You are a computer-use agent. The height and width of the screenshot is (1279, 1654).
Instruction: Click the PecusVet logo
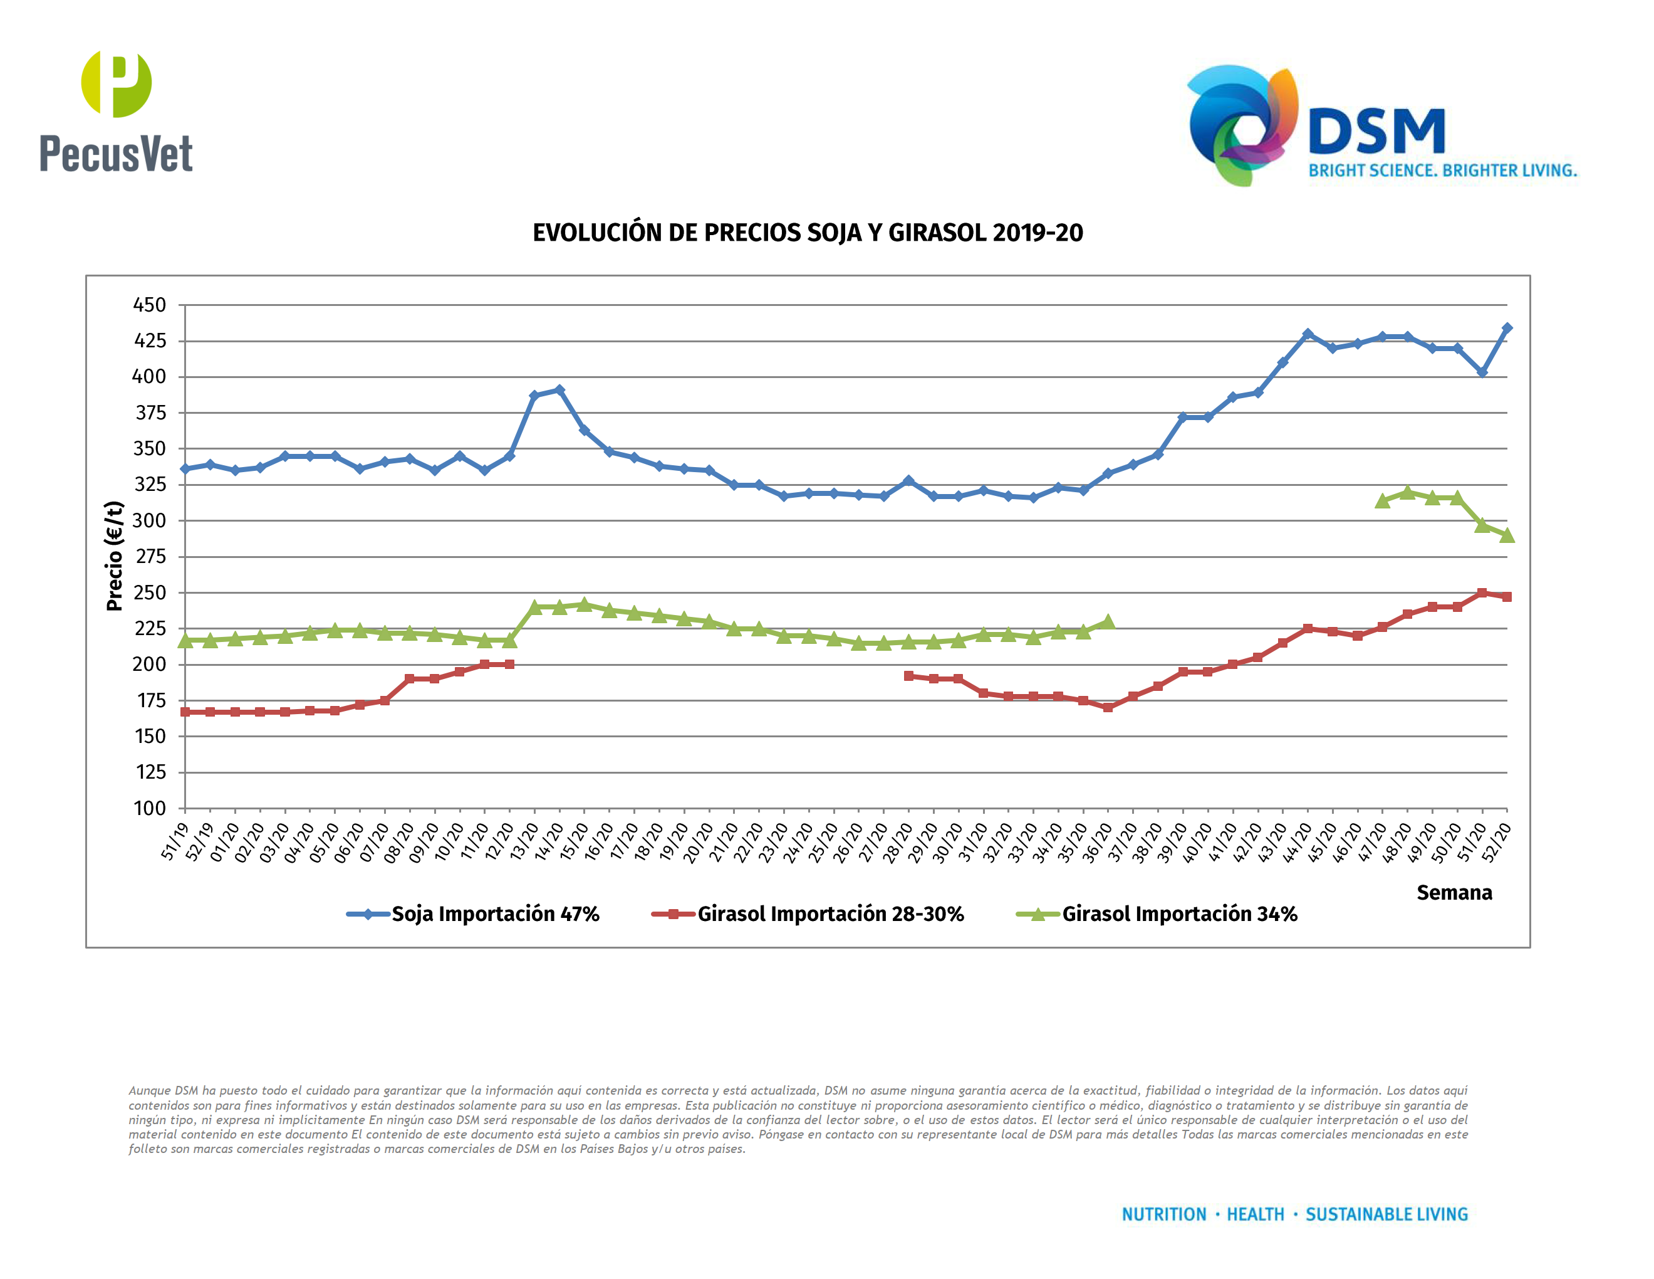(x=116, y=110)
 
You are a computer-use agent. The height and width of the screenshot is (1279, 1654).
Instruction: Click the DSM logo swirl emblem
(x=1242, y=125)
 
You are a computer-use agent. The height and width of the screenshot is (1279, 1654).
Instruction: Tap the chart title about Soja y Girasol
(x=808, y=233)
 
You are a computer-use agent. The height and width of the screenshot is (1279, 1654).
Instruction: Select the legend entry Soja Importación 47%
(x=494, y=913)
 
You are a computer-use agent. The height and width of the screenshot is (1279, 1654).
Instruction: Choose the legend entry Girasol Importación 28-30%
(x=830, y=913)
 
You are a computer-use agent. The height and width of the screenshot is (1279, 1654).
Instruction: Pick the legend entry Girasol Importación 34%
(x=1179, y=913)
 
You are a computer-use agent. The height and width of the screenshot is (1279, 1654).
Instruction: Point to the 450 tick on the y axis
(x=150, y=305)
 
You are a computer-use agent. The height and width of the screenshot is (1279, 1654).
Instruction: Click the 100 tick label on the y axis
(x=150, y=809)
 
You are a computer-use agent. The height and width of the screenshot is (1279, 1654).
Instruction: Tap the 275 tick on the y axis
(x=150, y=557)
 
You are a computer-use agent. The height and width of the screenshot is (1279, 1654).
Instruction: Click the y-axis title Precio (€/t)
(x=115, y=555)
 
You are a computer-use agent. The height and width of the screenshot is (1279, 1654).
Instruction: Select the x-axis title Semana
(x=1454, y=893)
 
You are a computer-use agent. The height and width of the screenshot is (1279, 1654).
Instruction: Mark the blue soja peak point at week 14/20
(x=559, y=390)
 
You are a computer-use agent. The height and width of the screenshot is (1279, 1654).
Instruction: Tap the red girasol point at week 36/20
(x=1108, y=708)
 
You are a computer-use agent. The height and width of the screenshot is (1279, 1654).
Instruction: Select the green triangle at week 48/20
(x=1407, y=493)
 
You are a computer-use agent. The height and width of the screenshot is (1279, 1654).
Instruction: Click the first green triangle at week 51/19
(x=185, y=641)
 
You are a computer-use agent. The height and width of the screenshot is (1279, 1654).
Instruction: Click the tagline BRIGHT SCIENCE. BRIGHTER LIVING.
(x=1443, y=171)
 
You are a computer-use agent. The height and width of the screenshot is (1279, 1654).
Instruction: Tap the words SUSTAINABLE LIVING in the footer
(x=1386, y=1214)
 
